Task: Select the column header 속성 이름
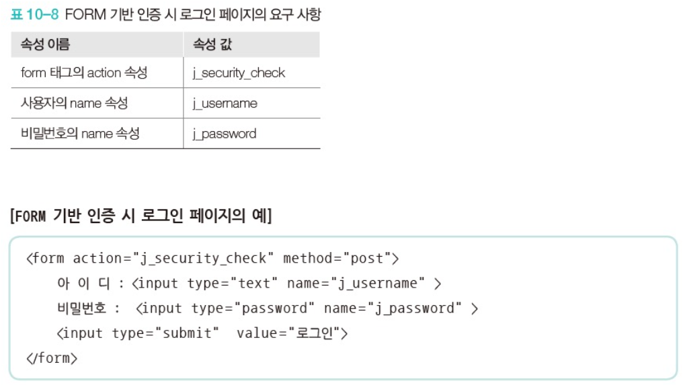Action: click(45, 45)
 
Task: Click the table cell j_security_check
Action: click(239, 73)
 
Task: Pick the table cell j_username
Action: click(225, 103)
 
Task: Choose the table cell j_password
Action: click(224, 134)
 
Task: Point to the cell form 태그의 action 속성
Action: click(84, 73)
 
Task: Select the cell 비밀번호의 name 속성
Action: click(80, 134)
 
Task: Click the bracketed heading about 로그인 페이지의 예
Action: click(140, 216)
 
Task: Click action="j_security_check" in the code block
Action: click(170, 259)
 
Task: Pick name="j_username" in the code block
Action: click(356, 284)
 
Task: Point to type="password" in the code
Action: click(253, 308)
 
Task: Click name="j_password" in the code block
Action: click(393, 308)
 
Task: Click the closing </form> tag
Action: click(52, 358)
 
